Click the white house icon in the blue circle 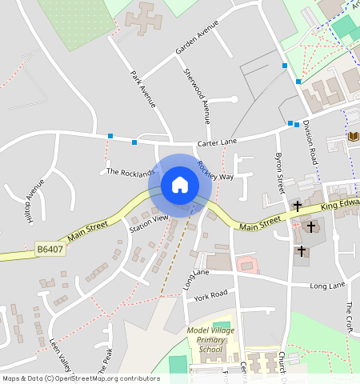pyautogui.click(x=180, y=185)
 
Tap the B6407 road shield pyautogui.click(x=50, y=251)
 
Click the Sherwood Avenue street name pyautogui.click(x=197, y=96)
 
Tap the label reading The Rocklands pyautogui.click(x=130, y=172)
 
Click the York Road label pyautogui.click(x=210, y=296)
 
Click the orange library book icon pyautogui.click(x=354, y=137)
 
